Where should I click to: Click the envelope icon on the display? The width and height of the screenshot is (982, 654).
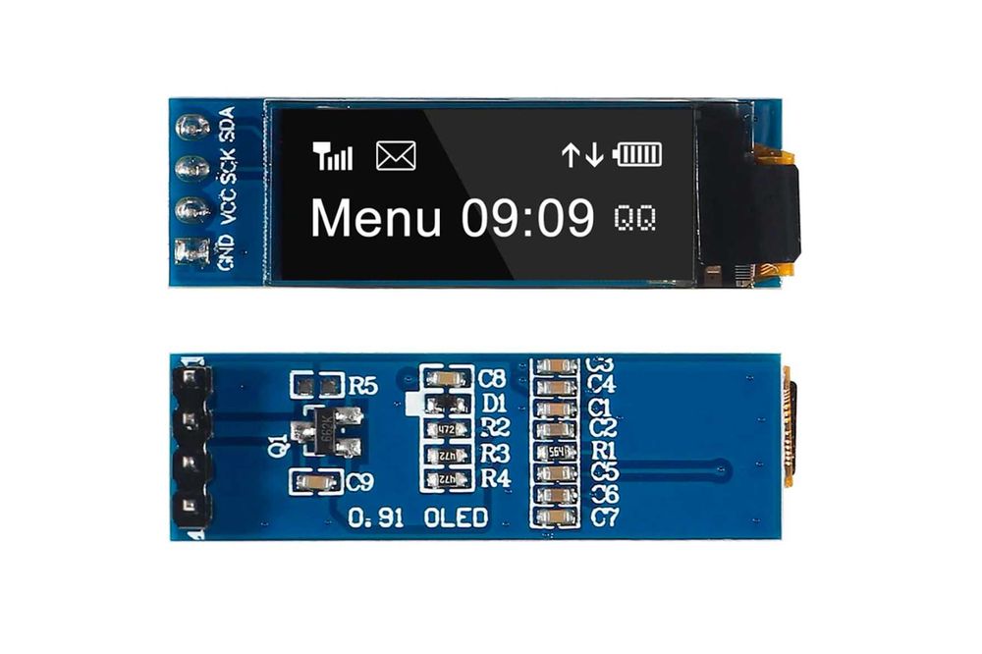point(396,155)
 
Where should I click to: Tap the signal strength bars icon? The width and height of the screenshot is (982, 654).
point(332,155)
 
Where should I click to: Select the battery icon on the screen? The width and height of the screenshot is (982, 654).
point(637,154)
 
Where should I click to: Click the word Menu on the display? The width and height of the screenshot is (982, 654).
point(376,218)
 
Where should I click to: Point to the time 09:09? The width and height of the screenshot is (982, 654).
point(528,218)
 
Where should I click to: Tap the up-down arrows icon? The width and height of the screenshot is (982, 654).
point(581,155)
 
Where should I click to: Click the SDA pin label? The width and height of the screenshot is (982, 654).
point(227,123)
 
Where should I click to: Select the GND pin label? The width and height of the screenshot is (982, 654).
point(227,252)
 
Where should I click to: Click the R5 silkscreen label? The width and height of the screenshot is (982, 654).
point(362,385)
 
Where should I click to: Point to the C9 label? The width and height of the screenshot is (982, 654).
point(360,482)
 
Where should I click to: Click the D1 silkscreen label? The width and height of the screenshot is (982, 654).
point(493,403)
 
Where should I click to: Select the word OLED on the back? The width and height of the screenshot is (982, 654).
point(457,518)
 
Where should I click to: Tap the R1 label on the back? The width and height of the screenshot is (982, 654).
point(602,451)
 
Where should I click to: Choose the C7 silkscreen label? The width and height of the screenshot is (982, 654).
point(602,518)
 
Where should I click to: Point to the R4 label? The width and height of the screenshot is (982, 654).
point(493,479)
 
